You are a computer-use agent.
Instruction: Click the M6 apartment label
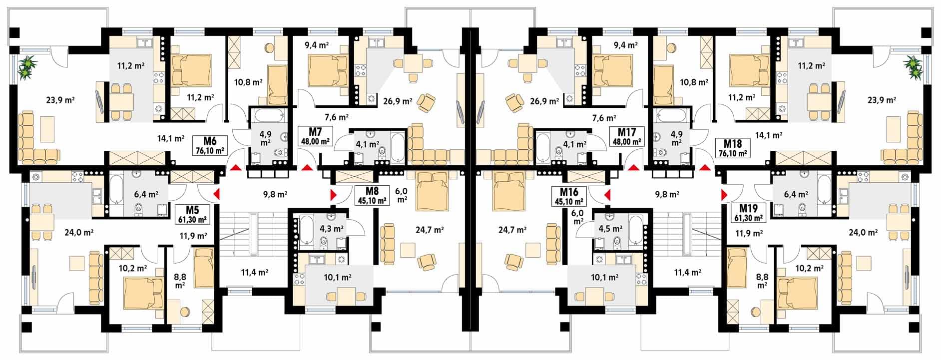[209, 141]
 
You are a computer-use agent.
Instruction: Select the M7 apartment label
[315, 132]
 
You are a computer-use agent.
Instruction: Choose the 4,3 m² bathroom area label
[332, 229]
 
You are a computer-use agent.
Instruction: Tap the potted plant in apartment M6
[28, 67]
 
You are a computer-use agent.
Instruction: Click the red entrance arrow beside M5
[217, 194]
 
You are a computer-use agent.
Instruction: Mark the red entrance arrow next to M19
[724, 194]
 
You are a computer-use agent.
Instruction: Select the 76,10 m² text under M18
[733, 154]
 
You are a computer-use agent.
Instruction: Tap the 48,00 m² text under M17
[627, 141]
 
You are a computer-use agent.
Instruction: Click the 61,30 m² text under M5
[193, 218]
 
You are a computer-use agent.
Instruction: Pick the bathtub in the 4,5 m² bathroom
[635, 230]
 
